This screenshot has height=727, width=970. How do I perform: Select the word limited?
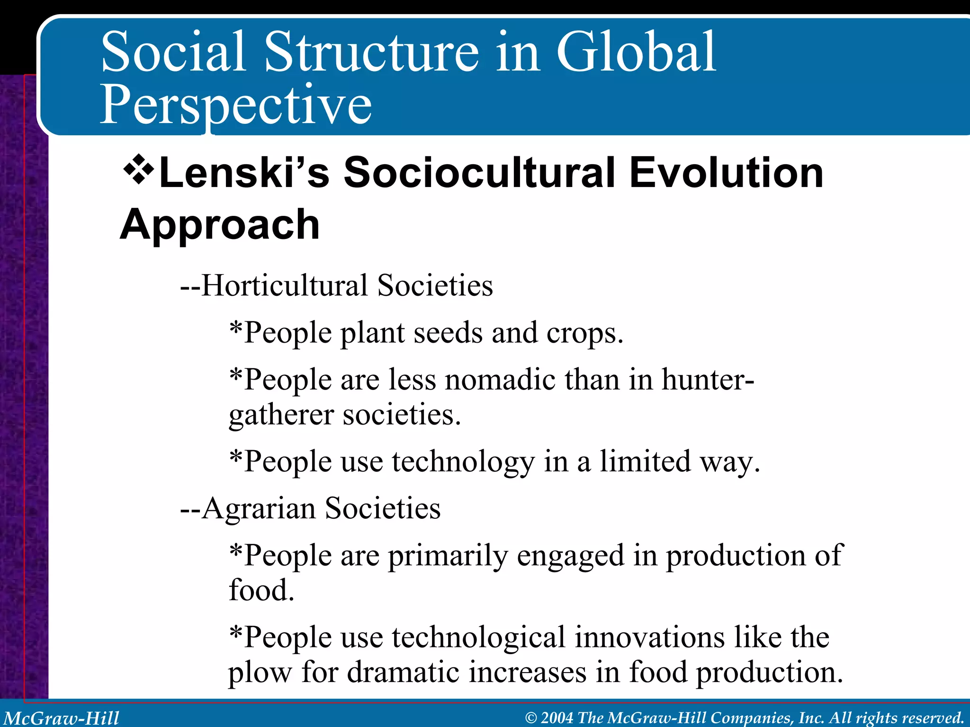click(645, 461)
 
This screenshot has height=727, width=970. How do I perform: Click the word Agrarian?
click(259, 508)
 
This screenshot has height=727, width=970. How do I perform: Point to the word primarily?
click(448, 556)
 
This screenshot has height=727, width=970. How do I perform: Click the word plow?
click(260, 672)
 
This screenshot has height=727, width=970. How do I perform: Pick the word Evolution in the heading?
click(726, 173)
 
